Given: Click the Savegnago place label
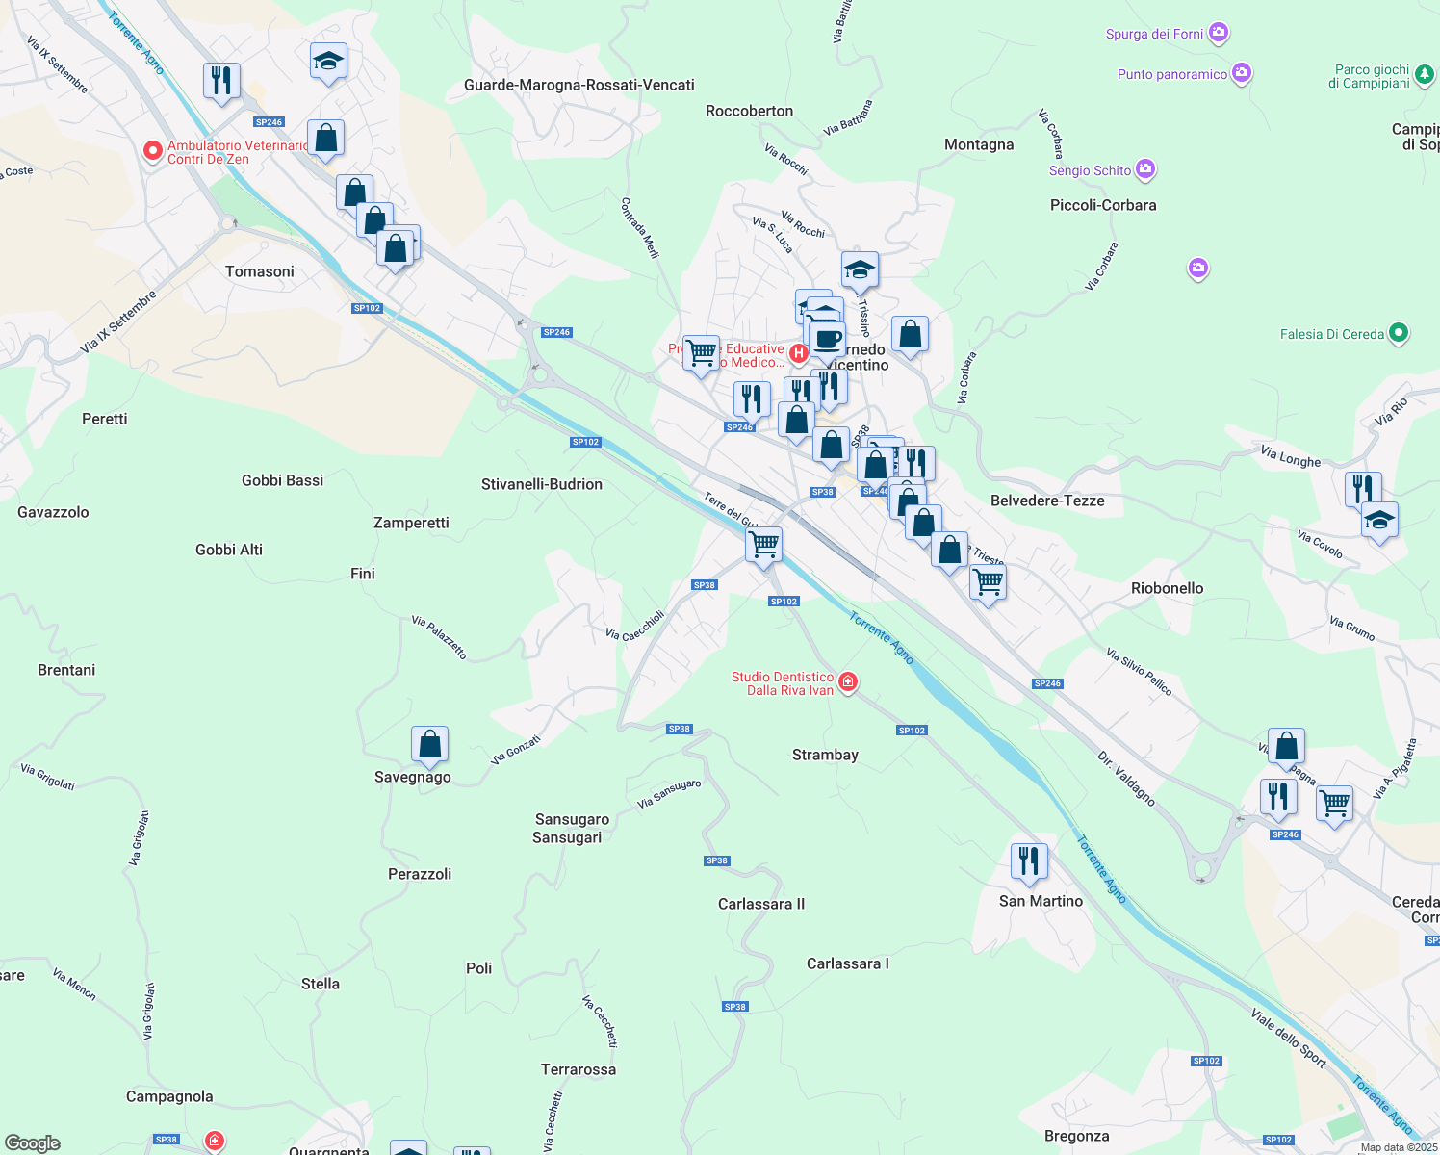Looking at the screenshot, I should coord(412,777).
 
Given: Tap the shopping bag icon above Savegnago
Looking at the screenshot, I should coord(429,744).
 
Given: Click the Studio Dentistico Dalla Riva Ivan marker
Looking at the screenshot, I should coord(847,682).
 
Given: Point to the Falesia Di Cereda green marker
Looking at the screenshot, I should coord(1399,334).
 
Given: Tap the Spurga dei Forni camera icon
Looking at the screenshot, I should coord(1219,34).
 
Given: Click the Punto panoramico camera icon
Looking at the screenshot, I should coord(1242,73).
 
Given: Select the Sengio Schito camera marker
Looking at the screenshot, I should coord(1144,170).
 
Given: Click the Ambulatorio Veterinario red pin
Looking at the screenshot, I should coord(152,150).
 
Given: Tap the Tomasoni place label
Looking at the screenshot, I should coord(259,271).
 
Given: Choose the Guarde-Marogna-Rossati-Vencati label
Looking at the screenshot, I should coord(579,85).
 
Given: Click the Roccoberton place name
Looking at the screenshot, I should coord(749,111).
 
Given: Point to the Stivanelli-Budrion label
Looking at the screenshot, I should coord(541,484).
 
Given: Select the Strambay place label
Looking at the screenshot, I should coord(825,755).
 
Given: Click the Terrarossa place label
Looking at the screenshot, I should coord(578,1069).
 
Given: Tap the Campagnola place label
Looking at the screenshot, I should coord(169,1096).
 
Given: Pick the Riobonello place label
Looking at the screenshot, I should coord(1167,588).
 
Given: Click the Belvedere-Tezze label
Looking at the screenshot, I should coord(1047,500).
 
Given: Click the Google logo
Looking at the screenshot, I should coord(33,1143).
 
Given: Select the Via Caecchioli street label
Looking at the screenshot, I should coord(634,626).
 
